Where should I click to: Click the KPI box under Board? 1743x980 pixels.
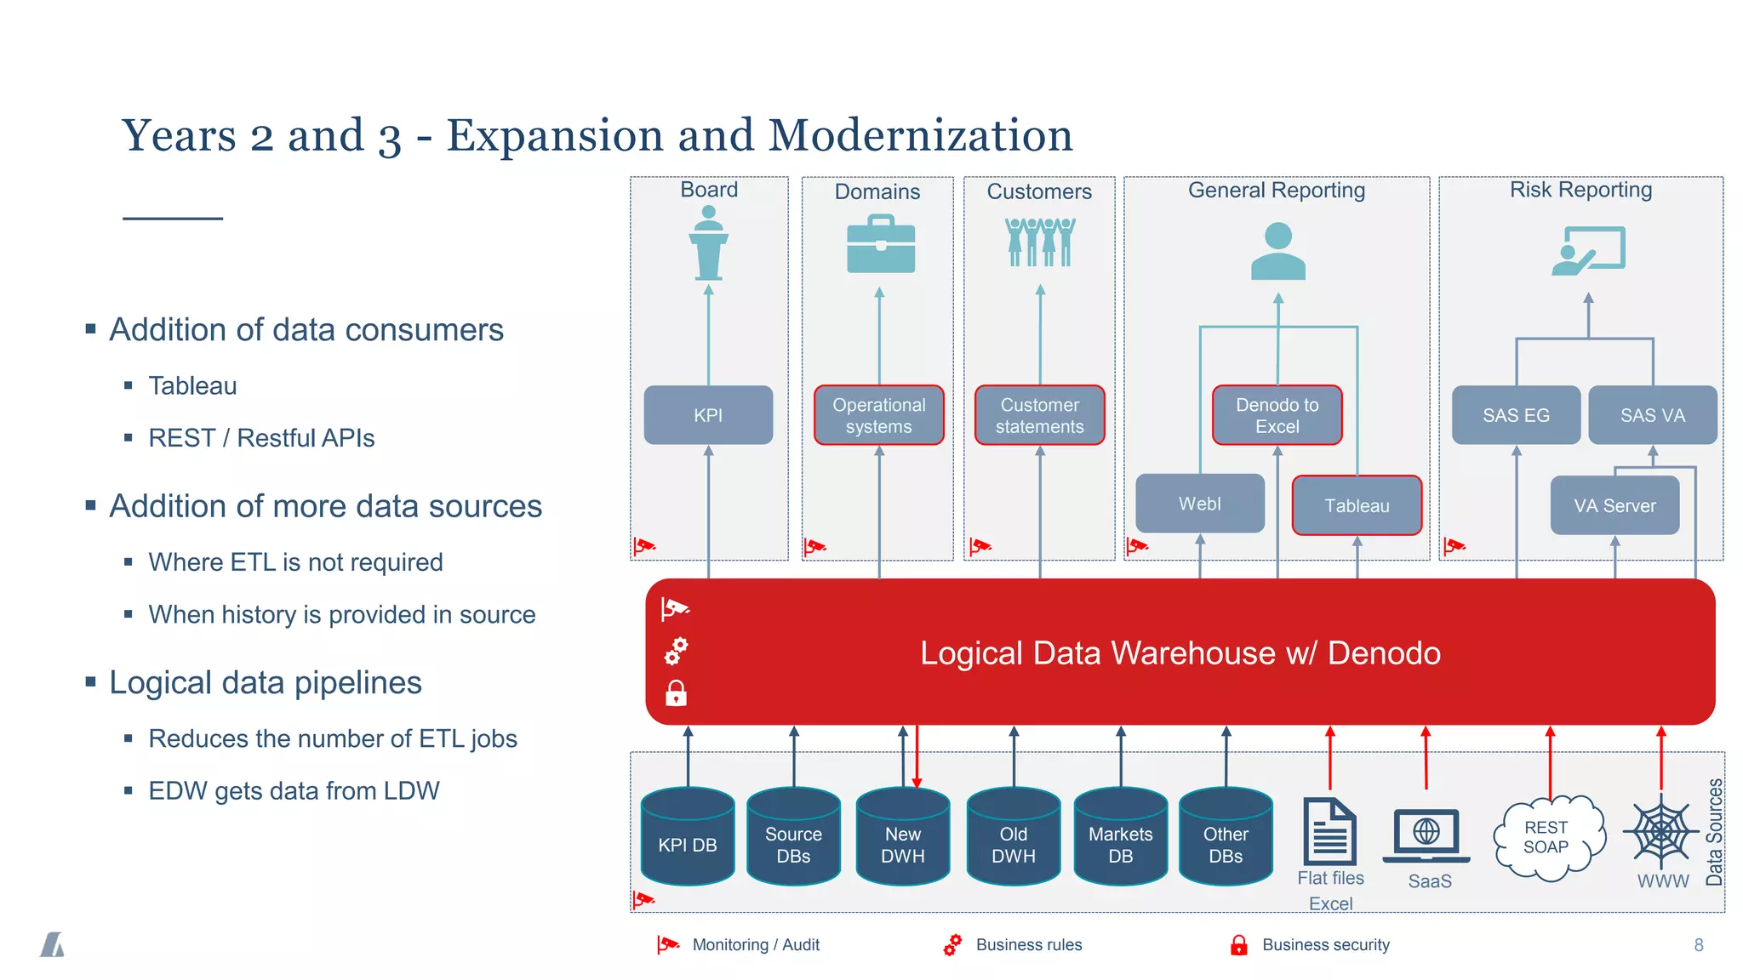pyautogui.click(x=708, y=415)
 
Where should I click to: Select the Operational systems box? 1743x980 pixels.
pyautogui.click(x=878, y=415)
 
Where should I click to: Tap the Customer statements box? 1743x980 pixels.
pyautogui.click(x=1039, y=415)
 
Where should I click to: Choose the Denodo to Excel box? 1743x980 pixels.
pyautogui.click(x=1277, y=415)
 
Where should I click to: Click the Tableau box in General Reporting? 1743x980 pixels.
pyautogui.click(x=1357, y=505)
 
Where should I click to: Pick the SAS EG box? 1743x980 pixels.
pyautogui.click(x=1516, y=415)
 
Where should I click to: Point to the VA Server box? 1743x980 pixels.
pyautogui.click(x=1614, y=505)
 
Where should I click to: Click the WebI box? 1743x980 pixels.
pyautogui.click(x=1199, y=504)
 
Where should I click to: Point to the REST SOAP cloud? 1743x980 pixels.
pyautogui.click(x=1547, y=838)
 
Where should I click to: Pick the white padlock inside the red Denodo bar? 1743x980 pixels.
pyautogui.click(x=676, y=693)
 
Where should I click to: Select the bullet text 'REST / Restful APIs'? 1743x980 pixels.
pyautogui.click(x=261, y=438)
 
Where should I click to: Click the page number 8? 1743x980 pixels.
pyautogui.click(x=1698, y=945)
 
